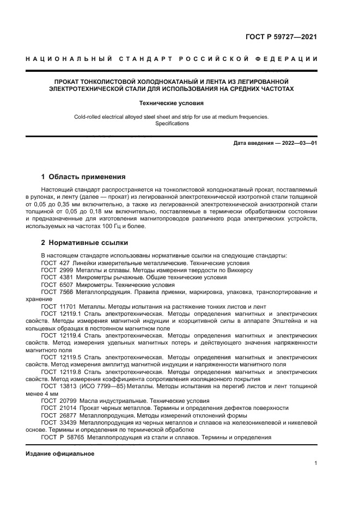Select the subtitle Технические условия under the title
[180, 102]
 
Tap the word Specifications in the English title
[180, 124]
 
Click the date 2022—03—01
[296, 143]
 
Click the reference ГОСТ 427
[53, 263]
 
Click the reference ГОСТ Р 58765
[60, 437]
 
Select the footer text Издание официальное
[60, 453]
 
